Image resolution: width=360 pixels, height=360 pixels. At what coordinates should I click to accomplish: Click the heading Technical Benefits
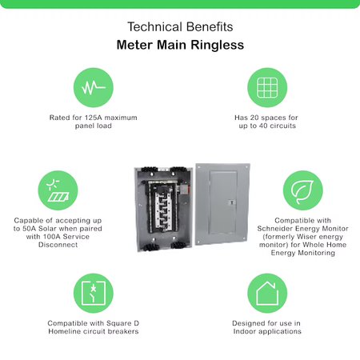pyautogui.click(x=180, y=27)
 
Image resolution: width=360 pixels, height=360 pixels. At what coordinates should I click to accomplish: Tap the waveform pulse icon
pyautogui.click(x=94, y=87)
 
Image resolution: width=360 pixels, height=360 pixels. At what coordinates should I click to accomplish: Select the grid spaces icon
pyautogui.click(x=267, y=87)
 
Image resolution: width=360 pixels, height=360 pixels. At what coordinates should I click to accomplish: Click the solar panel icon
pyautogui.click(x=58, y=190)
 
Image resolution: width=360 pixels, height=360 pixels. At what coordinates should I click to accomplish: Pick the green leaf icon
pyautogui.click(x=302, y=190)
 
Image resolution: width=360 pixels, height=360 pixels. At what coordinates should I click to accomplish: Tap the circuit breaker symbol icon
pyautogui.click(x=94, y=293)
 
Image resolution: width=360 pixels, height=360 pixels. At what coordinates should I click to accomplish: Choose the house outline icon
pyautogui.click(x=267, y=293)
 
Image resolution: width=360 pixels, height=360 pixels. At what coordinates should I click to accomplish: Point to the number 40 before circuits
pyautogui.click(x=263, y=126)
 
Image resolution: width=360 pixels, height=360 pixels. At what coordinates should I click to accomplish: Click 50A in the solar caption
pyautogui.click(x=29, y=229)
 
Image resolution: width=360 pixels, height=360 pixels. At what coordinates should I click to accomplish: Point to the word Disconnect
pyautogui.click(x=58, y=245)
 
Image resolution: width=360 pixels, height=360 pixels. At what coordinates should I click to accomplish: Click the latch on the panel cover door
pyautogui.click(x=232, y=202)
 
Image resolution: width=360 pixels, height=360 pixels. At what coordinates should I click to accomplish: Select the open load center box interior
pyautogui.click(x=163, y=209)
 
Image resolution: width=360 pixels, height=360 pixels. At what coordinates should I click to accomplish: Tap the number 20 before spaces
pyautogui.click(x=254, y=118)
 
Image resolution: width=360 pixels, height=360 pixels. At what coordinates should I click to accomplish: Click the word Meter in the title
pyautogui.click(x=135, y=45)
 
